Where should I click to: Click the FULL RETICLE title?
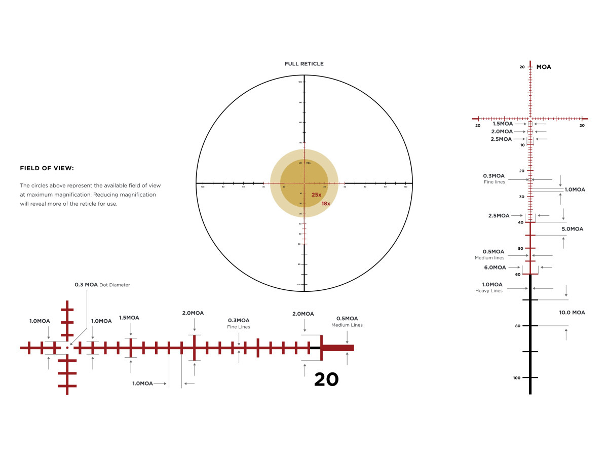[x=304, y=64]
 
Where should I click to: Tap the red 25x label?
[x=316, y=195]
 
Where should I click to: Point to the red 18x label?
[x=325, y=204]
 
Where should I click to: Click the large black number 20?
[x=326, y=379]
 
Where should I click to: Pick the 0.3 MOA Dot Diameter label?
[x=102, y=285]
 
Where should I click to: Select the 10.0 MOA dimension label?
[x=572, y=313]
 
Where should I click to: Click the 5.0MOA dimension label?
[x=572, y=229]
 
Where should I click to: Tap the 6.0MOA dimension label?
[x=495, y=268]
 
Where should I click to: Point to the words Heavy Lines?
[x=488, y=291]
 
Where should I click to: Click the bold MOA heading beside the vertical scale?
[x=544, y=67]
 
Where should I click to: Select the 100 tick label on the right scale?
[x=517, y=378]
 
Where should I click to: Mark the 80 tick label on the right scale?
[x=517, y=326]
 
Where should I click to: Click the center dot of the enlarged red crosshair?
[x=67, y=348]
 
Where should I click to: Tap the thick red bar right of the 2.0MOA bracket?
[x=337, y=348]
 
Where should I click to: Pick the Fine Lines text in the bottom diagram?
[x=238, y=327]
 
